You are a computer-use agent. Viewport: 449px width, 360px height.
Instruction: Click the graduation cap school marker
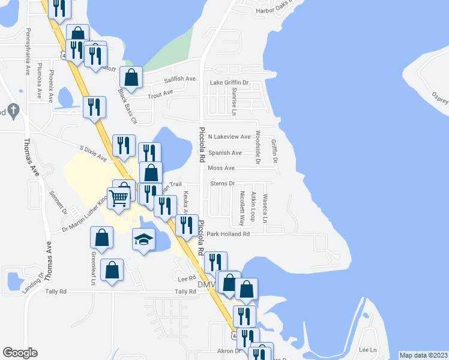pos(143,240)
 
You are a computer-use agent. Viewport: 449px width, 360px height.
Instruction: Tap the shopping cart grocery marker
pos(119,196)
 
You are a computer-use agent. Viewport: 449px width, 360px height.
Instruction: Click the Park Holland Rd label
pos(228,234)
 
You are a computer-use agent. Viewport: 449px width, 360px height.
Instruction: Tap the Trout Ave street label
pos(160,93)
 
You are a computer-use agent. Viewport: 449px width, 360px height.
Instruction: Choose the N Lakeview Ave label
pos(229,137)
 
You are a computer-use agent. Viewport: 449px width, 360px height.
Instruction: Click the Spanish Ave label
pos(224,152)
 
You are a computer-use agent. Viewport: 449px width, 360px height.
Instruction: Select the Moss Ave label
pos(221,168)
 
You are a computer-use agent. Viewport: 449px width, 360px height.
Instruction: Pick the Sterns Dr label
pos(222,184)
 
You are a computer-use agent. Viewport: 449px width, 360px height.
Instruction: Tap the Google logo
pos(20,353)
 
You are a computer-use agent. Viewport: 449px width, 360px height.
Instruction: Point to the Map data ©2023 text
pos(423,355)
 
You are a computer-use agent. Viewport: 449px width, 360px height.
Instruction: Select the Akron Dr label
pos(228,350)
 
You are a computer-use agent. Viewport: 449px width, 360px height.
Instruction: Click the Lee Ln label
pos(367,349)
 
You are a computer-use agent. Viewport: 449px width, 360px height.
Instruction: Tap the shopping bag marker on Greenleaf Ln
pos(112,271)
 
